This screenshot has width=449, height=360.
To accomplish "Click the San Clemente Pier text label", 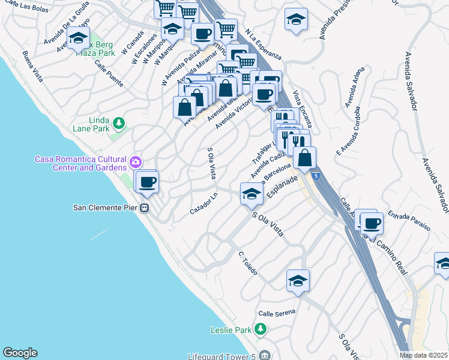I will [105, 208].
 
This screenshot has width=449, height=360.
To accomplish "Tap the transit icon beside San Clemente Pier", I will [145, 208].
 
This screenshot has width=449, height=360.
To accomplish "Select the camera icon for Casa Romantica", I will [136, 161].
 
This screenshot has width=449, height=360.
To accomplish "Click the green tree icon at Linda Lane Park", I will [119, 124].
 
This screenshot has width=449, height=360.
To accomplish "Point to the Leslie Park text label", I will [231, 329].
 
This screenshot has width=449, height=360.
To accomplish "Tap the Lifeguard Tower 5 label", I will [221, 355].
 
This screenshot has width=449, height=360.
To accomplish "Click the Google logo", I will [20, 353].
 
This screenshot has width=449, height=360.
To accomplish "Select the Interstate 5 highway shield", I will [316, 175].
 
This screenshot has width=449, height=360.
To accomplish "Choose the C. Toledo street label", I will [247, 263].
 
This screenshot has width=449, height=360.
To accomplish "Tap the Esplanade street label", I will [283, 186].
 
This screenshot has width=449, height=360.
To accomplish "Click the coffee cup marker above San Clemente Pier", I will [146, 182].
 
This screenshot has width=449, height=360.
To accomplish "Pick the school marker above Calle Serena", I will [298, 281].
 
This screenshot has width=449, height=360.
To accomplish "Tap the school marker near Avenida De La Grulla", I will [78, 38].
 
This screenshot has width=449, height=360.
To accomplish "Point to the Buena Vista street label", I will [32, 67].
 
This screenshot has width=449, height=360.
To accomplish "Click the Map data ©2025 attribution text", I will [424, 355].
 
